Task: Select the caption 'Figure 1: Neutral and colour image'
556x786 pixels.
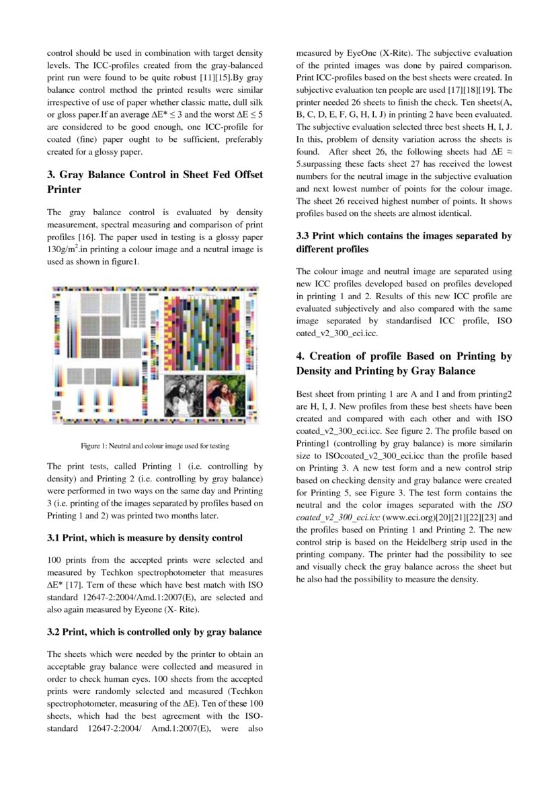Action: point(155,446)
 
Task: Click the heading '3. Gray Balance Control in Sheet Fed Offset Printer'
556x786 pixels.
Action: point(155,182)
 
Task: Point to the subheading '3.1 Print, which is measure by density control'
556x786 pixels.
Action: point(145,538)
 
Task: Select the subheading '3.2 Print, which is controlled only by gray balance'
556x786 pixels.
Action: point(155,632)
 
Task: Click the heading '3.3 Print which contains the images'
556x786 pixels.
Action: point(403,243)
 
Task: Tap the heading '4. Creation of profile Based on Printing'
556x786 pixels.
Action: point(403,364)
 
